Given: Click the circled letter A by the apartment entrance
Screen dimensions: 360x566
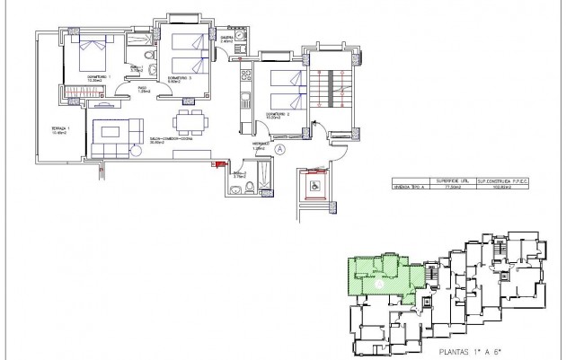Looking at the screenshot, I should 280,148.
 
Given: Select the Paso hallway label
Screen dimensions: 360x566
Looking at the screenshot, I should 142,88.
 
